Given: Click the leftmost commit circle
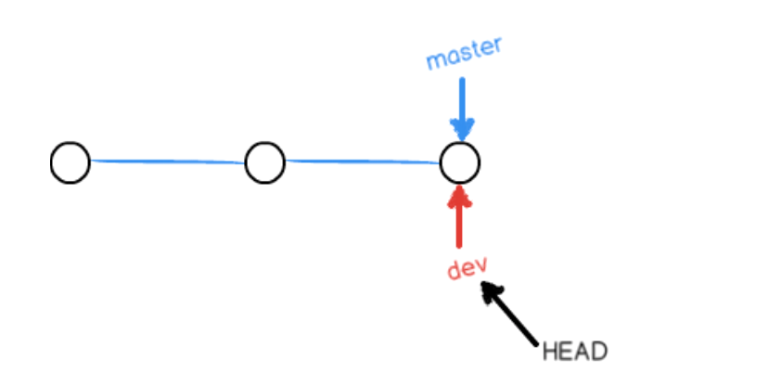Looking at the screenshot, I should click(70, 163).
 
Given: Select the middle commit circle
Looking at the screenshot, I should click(264, 163).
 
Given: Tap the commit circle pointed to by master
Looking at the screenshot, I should click(459, 163).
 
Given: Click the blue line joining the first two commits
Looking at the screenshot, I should click(167, 161).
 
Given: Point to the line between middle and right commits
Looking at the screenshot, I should click(362, 161).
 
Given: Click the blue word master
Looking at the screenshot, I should click(464, 55).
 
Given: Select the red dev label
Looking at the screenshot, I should click(467, 268).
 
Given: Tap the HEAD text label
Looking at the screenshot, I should click(574, 352).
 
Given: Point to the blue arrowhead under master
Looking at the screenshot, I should click(461, 129).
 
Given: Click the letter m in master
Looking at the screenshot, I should click(434, 62).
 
